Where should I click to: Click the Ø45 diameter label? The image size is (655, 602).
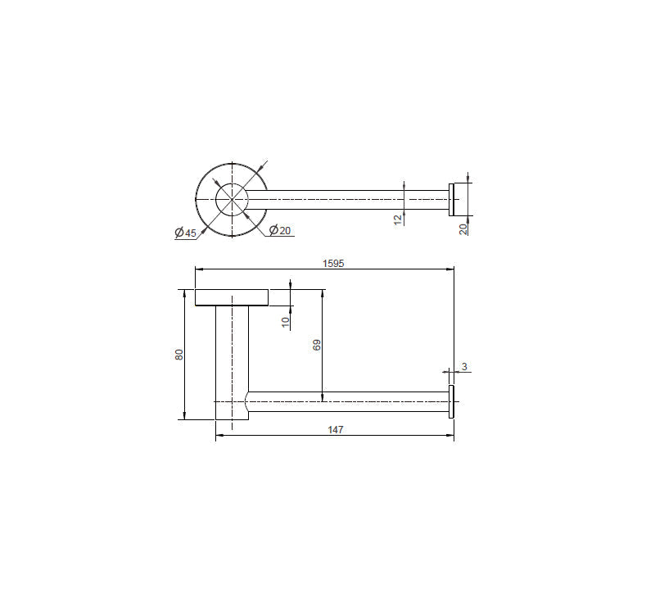tap(186, 233)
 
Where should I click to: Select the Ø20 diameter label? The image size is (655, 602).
tap(280, 230)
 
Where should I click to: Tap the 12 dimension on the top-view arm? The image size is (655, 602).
tap(399, 219)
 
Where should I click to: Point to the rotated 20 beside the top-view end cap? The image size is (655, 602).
tap(464, 228)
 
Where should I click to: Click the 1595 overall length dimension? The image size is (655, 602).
tap(332, 263)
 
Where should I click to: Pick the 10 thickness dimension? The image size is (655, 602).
tap(286, 322)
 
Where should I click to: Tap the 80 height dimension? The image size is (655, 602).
tap(179, 354)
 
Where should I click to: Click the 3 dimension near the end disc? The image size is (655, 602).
tap(464, 367)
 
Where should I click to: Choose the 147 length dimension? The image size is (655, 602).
tap(335, 429)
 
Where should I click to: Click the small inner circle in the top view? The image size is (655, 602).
tap(232, 200)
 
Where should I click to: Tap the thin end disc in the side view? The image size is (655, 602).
tap(450, 401)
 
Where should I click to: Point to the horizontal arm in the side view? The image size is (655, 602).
tap(348, 401)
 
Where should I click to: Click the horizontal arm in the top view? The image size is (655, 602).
tap(344, 200)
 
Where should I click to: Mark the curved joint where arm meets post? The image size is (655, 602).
tap(248, 403)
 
